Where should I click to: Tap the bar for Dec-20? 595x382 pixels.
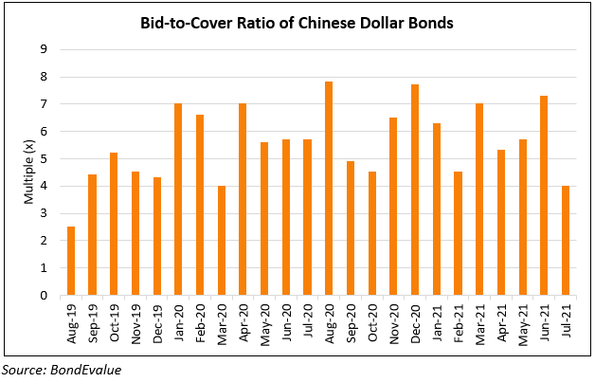point(415,190)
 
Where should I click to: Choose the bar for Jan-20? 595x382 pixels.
point(178,199)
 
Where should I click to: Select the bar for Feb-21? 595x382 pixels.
point(458,233)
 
